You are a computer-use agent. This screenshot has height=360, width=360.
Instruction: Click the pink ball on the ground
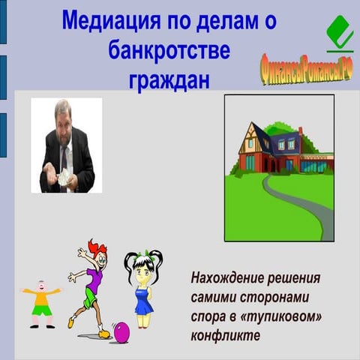(x=121, y=331)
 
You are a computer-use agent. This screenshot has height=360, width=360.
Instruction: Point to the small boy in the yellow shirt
(x=41, y=304)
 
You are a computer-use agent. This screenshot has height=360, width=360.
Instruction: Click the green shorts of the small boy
(x=42, y=309)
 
